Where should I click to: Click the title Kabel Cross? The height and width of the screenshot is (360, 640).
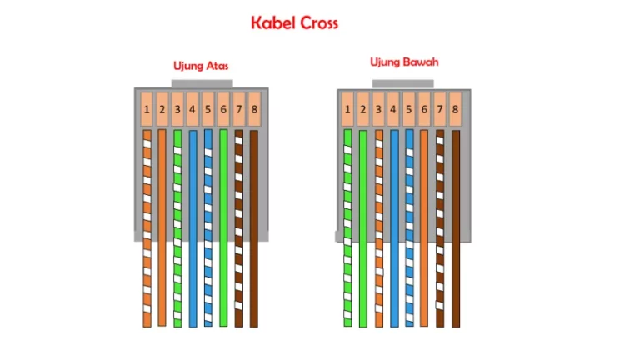(x=294, y=22)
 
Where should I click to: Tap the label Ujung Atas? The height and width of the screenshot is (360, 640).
(x=201, y=66)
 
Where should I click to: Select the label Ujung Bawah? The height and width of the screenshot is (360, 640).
(x=404, y=62)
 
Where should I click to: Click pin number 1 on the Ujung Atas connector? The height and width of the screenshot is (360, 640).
(x=147, y=109)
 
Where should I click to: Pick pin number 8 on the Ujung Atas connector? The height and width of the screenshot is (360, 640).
(x=254, y=109)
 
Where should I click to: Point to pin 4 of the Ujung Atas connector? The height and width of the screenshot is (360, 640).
(x=192, y=109)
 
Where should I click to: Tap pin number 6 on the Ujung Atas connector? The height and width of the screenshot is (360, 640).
(x=223, y=109)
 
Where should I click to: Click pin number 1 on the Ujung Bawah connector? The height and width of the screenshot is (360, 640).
(x=347, y=109)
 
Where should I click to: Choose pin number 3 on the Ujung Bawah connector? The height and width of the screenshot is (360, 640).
(x=378, y=109)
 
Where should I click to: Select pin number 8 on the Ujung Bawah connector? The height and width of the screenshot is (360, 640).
(x=455, y=109)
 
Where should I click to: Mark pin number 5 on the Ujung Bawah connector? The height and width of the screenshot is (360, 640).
(x=409, y=109)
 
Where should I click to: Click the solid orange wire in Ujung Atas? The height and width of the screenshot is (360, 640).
(x=162, y=227)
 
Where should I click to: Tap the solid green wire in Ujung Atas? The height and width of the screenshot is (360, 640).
(x=223, y=227)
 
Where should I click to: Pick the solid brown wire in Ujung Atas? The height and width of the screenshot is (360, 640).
(x=254, y=228)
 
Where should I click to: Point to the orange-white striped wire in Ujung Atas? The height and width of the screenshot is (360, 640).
(x=147, y=228)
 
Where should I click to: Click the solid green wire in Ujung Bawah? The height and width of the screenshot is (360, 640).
(x=362, y=228)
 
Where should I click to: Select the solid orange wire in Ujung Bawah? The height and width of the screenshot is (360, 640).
(x=424, y=227)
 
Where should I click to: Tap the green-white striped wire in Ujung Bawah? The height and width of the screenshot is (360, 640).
(x=347, y=227)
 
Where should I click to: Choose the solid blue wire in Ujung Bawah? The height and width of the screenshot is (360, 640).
(x=394, y=228)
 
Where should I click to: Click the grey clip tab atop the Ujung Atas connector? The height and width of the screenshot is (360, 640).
(x=202, y=83)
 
